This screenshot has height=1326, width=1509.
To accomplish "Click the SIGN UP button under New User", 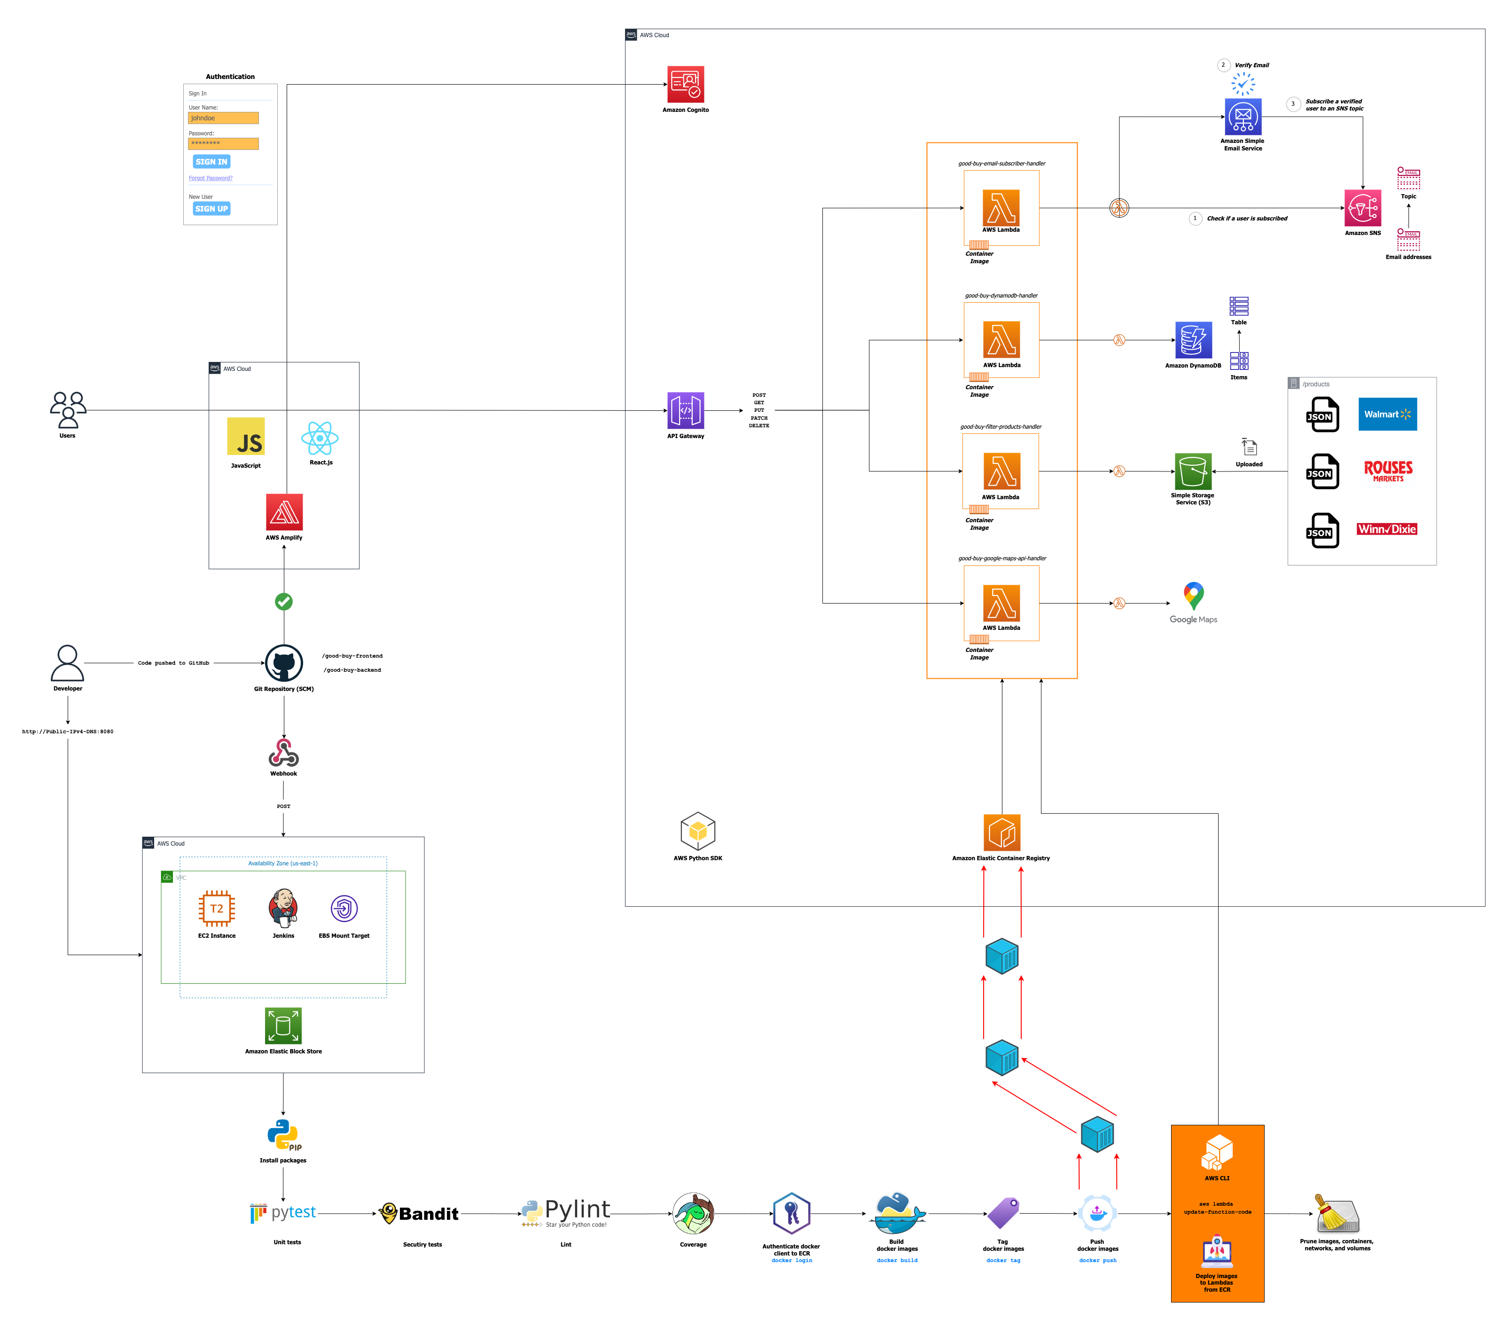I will coord(211,209).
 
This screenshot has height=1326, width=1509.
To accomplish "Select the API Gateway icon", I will coord(685,410).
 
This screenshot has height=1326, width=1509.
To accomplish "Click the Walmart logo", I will coord(1387,414).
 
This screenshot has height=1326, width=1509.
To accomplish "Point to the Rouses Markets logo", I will coord(1388,471).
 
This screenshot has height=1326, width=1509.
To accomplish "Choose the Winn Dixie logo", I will coord(1386,529).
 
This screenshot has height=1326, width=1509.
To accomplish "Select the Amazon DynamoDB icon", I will coord(1193,340).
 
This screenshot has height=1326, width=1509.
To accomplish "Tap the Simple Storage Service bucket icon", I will coord(1193,471).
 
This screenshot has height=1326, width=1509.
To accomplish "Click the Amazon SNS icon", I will coord(1362,208).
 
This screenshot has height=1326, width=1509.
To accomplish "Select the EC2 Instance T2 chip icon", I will coord(217,908).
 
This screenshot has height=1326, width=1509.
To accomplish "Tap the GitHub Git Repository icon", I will coord(283,663).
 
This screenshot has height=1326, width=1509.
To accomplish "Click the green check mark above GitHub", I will coord(283,602).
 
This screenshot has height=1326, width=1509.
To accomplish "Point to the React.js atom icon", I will coord(320,439).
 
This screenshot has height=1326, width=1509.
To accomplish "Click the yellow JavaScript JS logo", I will coord(246,436).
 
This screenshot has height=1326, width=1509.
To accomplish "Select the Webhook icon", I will coord(283,753).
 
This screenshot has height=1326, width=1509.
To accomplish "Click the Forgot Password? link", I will coord(211,178).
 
